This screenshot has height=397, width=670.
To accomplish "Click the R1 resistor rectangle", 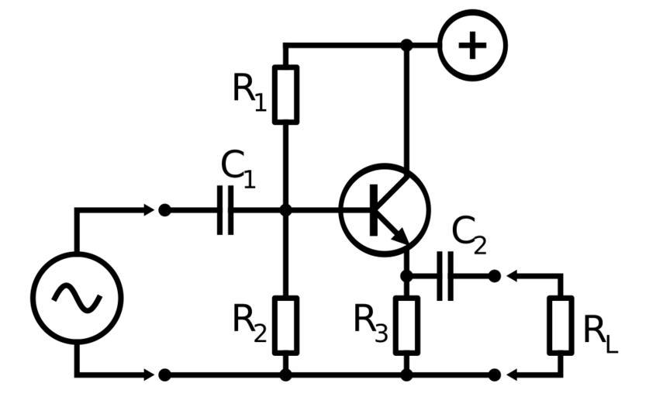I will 285,95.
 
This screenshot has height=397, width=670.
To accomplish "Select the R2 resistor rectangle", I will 285,325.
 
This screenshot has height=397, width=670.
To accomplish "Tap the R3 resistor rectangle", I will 406,325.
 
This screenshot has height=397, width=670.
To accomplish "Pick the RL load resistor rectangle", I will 561,325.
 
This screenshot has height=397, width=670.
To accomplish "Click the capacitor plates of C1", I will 225,209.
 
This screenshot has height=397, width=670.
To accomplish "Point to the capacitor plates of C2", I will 445,275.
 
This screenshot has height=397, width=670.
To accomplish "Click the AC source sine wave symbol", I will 77,297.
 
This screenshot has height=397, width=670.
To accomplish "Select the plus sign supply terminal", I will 472,45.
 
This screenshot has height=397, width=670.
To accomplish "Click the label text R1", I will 249,91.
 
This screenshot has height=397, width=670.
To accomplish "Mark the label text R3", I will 370,320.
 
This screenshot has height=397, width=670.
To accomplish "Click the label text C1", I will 237,167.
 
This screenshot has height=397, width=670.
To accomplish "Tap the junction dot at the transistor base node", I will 285,209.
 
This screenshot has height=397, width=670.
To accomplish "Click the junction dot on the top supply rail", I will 406,45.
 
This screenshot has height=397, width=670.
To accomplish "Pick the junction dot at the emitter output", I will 406,275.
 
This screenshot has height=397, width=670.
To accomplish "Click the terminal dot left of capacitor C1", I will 164,209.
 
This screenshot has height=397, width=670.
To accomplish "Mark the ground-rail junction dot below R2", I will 285,375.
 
